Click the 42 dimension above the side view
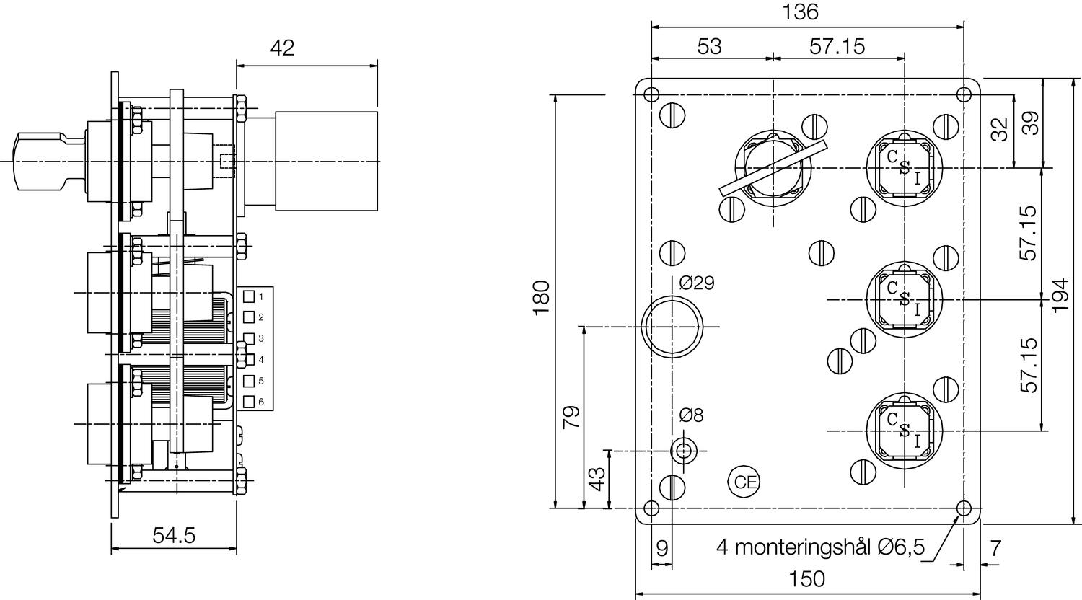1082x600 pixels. (x=283, y=48)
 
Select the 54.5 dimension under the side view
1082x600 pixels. (x=174, y=535)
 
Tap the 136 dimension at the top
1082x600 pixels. (x=801, y=12)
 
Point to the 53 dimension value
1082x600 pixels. (x=709, y=47)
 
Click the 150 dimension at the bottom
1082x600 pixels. (x=806, y=578)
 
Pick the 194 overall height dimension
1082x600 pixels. (x=1060, y=295)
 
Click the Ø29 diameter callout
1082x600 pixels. (x=697, y=283)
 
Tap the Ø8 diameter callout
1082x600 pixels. (x=691, y=415)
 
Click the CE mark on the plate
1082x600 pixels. (x=744, y=482)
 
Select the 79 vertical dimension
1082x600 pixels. (x=571, y=417)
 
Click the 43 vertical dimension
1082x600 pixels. (x=597, y=479)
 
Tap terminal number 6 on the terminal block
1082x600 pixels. (x=261, y=402)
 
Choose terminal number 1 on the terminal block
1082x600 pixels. (x=261, y=296)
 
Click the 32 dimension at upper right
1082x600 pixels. (x=999, y=130)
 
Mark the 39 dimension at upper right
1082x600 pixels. (x=1032, y=123)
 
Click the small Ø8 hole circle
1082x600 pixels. (x=683, y=451)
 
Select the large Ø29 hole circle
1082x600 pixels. (x=672, y=327)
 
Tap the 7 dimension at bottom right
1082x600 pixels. (x=995, y=548)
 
